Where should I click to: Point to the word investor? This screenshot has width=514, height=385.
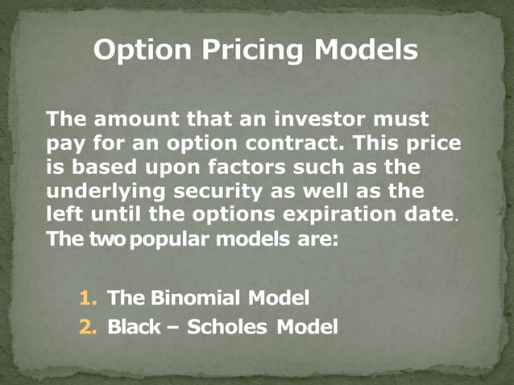click(334, 118)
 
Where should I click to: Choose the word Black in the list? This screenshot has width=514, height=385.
click(135, 327)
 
